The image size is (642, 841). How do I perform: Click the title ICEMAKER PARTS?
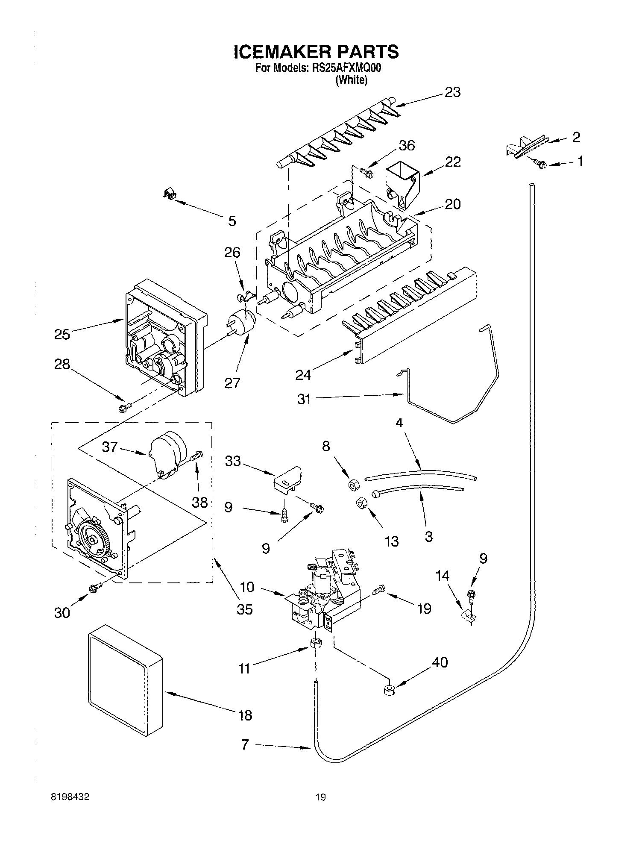316,52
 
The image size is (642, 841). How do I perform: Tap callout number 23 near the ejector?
452,92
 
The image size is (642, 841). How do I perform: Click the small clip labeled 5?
170,195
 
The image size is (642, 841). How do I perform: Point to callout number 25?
62,334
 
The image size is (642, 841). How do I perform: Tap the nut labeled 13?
360,504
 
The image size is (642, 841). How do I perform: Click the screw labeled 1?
542,163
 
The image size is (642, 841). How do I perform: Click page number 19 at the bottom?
320,797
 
